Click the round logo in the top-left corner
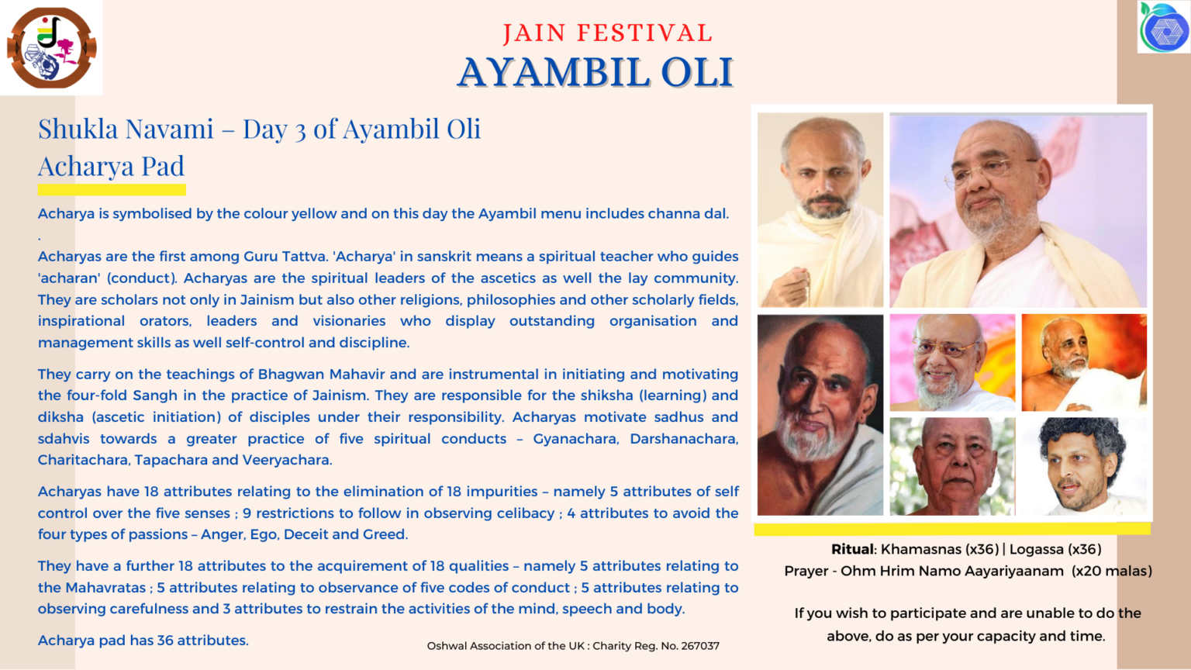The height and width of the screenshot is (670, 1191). pyautogui.click(x=51, y=47)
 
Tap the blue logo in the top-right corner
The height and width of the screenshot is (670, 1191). pyautogui.click(x=1164, y=28)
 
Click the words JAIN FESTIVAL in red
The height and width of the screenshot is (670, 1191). pyautogui.click(x=607, y=33)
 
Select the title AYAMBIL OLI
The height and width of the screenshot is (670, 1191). pyautogui.click(x=595, y=73)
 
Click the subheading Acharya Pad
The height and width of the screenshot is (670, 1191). pyautogui.click(x=111, y=166)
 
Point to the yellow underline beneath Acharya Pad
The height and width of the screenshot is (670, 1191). pyautogui.click(x=112, y=190)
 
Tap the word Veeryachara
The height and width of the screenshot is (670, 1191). pyautogui.click(x=287, y=460)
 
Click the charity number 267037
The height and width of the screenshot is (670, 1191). pyautogui.click(x=700, y=645)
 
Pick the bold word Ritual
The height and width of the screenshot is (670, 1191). pyautogui.click(x=852, y=549)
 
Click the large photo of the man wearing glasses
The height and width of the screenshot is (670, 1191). pyautogui.click(x=1017, y=210)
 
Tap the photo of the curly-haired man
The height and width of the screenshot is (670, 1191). pyautogui.click(x=1083, y=466)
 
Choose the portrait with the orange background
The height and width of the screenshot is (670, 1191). pyautogui.click(x=1083, y=362)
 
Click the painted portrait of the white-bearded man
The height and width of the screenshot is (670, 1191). pyautogui.click(x=820, y=415)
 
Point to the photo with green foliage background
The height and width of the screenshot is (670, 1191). pyautogui.click(x=952, y=466)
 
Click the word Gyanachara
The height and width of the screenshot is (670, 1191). pyautogui.click(x=575, y=439)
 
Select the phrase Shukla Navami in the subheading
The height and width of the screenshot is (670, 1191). pyautogui.click(x=126, y=129)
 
